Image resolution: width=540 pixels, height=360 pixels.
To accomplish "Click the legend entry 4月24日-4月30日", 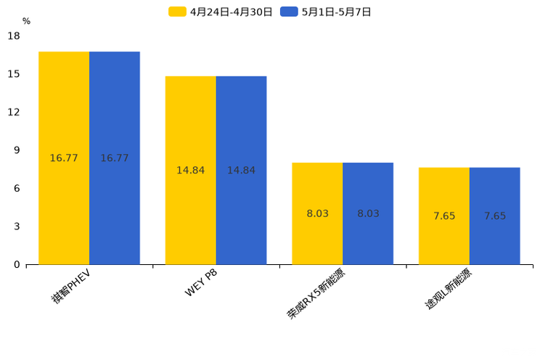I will click(x=221, y=12).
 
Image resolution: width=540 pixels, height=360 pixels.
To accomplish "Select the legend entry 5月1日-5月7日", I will click(x=326, y=12).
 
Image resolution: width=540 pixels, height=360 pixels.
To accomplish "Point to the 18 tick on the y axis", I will click(x=14, y=36).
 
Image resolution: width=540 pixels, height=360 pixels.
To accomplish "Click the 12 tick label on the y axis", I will click(x=14, y=112).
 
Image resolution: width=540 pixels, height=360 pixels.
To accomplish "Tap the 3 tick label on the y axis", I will click(x=17, y=226).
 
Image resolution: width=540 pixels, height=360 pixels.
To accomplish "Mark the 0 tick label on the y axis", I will click(x=17, y=265).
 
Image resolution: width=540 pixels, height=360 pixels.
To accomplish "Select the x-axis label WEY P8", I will click(x=200, y=283).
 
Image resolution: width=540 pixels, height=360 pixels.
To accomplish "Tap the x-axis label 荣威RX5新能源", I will click(x=316, y=294).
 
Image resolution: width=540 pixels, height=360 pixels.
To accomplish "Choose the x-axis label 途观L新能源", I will click(x=448, y=290).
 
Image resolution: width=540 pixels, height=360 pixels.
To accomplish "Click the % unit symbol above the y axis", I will click(x=26, y=21).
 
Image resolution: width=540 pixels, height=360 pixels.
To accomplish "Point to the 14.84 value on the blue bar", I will click(x=241, y=171).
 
